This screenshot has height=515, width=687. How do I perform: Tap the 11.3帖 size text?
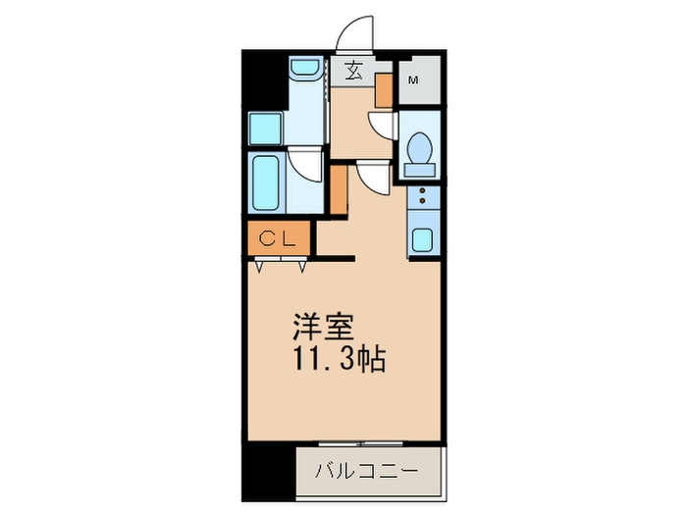[x=337, y=359]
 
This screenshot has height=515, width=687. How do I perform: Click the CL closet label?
[x=278, y=238]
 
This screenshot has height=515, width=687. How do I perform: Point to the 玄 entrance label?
[x=351, y=72]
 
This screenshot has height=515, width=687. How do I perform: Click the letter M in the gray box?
[x=413, y=80]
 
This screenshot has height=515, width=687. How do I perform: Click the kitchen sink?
[x=424, y=240]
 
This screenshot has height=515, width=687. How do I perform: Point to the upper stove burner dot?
[x=423, y=193]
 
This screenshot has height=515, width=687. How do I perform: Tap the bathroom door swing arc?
[x=306, y=164]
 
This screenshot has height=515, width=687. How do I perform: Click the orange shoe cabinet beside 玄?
[x=384, y=88]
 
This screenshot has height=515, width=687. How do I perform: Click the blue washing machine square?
[x=264, y=129]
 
